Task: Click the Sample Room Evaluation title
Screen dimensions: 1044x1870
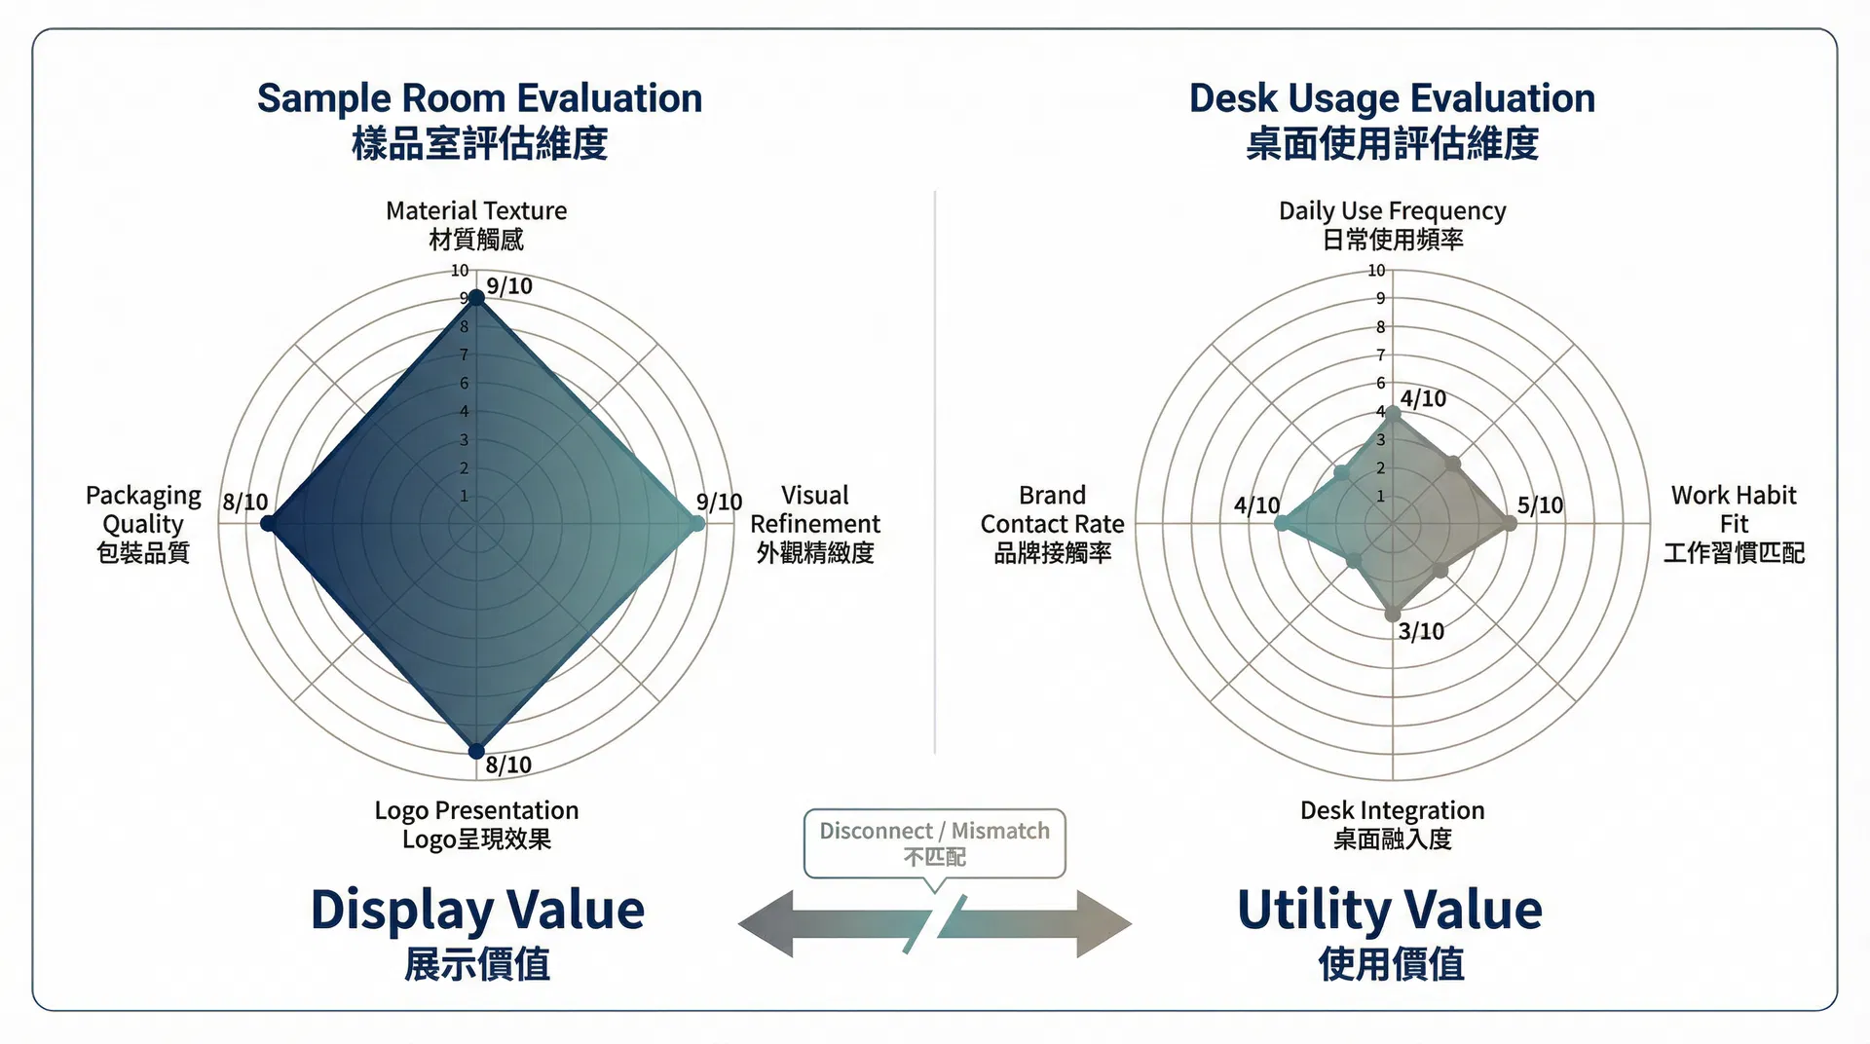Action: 479,99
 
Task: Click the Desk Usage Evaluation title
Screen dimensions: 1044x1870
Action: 1392,99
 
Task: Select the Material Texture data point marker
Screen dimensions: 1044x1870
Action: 476,297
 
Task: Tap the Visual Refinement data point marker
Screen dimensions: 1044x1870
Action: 696,524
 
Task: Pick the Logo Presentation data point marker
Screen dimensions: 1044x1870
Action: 476,751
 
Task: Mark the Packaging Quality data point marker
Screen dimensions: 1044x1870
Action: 268,525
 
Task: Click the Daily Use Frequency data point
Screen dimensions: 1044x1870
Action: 1393,414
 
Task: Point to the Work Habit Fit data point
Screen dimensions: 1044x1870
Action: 1509,524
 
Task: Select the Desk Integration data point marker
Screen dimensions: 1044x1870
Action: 1393,615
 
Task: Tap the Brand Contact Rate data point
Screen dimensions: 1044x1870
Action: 1281,524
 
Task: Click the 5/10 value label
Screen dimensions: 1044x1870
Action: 1540,505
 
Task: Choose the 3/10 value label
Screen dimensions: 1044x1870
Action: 1421,632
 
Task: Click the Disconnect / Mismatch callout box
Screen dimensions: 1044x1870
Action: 935,843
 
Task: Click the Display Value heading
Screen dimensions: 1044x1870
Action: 477,910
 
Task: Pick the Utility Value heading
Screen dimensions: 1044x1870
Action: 1390,910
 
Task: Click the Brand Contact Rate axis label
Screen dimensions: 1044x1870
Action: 1052,524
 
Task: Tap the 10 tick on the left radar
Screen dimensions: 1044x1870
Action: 459,271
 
